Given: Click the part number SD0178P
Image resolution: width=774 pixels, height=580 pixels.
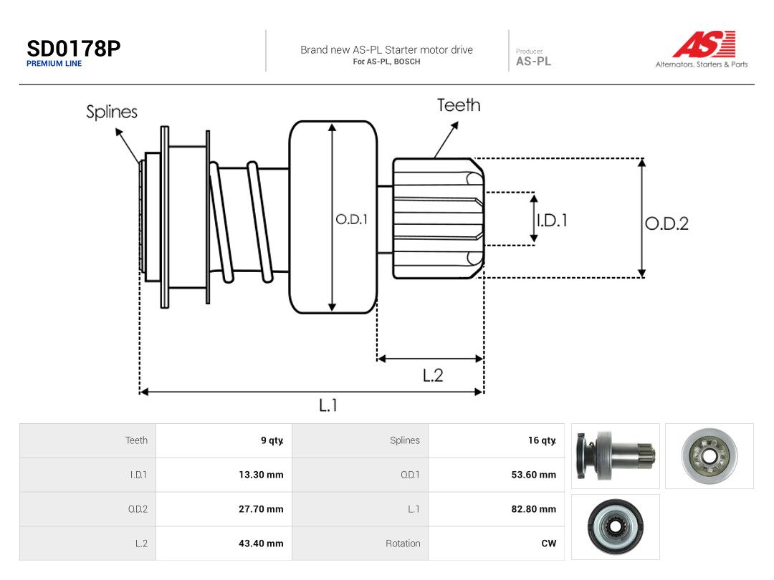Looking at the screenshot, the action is pyautogui.click(x=74, y=49).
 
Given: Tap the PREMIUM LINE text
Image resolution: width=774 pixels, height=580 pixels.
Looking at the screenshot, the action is pyautogui.click(x=54, y=64).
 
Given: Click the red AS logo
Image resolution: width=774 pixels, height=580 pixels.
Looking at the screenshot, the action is pyautogui.click(x=704, y=44).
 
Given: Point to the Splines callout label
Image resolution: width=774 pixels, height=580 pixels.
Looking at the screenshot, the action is pyautogui.click(x=112, y=112).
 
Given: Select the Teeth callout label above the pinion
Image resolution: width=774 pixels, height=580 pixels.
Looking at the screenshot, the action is pyautogui.click(x=459, y=105).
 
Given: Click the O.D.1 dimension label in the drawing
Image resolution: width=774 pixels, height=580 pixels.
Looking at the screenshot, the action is pyautogui.click(x=351, y=220).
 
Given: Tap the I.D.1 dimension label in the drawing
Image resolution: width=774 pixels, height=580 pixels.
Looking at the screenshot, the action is pyautogui.click(x=553, y=220).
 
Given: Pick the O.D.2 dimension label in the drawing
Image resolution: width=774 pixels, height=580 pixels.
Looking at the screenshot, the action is pyautogui.click(x=667, y=224).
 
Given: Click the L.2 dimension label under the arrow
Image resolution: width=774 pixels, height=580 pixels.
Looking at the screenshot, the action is pyautogui.click(x=433, y=376).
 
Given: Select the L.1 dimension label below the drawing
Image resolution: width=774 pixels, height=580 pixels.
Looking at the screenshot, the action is pyautogui.click(x=328, y=405).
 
